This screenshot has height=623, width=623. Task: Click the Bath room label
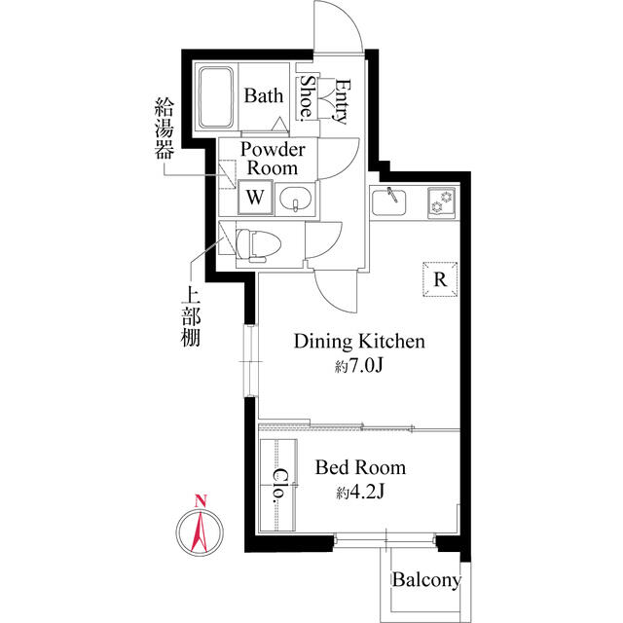[x=263, y=96]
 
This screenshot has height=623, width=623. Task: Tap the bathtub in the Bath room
[x=218, y=98]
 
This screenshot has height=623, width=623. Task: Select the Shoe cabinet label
[x=307, y=97]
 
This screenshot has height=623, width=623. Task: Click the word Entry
[x=341, y=100]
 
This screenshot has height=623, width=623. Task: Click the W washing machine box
[x=255, y=198]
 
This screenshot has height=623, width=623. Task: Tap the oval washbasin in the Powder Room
[x=295, y=200]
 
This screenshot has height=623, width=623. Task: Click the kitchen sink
[x=394, y=202]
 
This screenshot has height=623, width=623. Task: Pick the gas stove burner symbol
[x=443, y=202]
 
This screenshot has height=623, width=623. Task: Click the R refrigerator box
[x=439, y=279]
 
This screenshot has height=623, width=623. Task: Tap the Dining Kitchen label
[x=359, y=342]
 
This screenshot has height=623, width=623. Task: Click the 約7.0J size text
[x=359, y=367]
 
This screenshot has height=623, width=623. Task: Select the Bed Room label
[x=360, y=468]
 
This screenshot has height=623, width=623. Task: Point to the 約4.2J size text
[x=360, y=493]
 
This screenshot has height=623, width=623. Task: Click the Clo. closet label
[x=278, y=485]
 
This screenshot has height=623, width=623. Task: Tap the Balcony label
[x=426, y=581]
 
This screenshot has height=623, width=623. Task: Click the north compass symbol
[x=200, y=531]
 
